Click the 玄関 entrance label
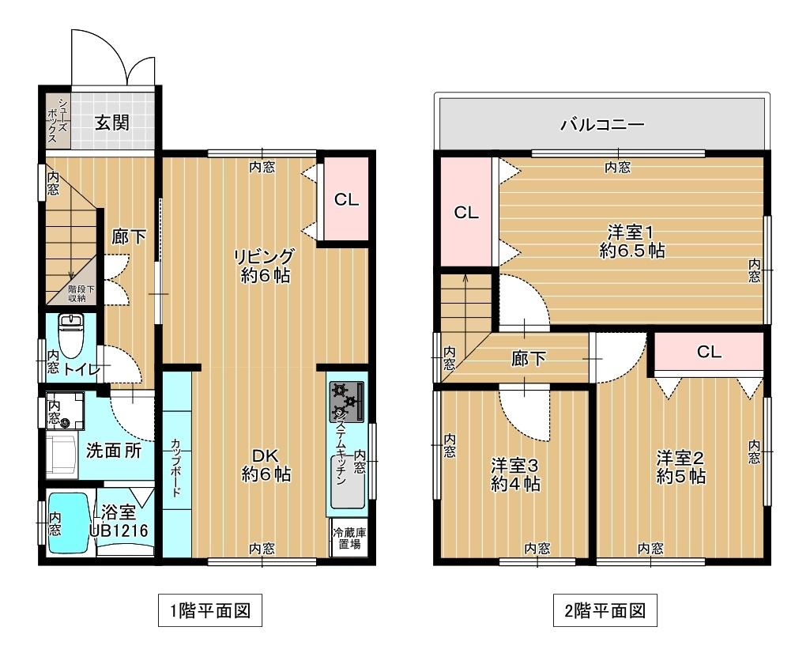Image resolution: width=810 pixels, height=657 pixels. (x=113, y=123)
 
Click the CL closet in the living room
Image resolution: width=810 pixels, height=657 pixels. (x=346, y=200)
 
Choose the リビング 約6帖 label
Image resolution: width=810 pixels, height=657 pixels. (x=264, y=266)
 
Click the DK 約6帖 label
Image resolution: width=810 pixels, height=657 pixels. (x=266, y=465)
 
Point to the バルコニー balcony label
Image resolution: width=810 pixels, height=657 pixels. (x=602, y=124)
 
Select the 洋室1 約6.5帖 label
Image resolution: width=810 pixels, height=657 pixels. (x=631, y=242)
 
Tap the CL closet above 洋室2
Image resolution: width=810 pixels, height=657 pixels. (x=709, y=352)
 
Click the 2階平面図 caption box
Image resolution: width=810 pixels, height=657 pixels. (x=605, y=610)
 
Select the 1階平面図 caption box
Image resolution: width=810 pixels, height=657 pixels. (x=210, y=610)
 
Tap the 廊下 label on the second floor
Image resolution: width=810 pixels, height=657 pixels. (x=529, y=359)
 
